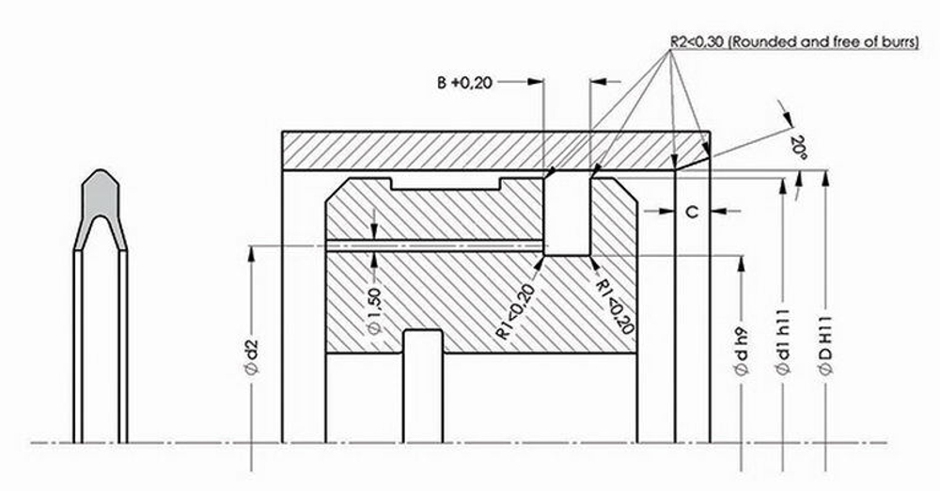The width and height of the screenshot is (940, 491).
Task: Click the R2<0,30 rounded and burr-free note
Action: [x=793, y=42]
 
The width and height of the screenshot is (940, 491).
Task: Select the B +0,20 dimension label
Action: [x=463, y=83]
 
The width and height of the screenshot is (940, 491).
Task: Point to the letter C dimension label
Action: [x=691, y=213]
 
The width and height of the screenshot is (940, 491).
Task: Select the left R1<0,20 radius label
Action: [x=517, y=309]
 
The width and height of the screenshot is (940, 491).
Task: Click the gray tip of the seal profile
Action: [x=100, y=195]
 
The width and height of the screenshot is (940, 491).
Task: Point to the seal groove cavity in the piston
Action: [x=567, y=214]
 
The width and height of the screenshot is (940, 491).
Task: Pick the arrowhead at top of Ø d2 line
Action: [x=251, y=253]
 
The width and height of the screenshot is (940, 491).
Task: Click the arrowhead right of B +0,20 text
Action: [x=538, y=83]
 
